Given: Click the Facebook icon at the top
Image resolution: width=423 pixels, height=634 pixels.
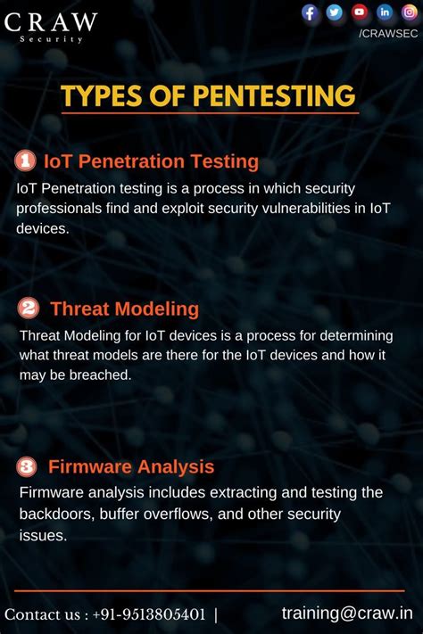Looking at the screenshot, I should [x=311, y=12].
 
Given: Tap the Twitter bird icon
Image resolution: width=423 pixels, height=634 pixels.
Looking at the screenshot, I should [x=335, y=12].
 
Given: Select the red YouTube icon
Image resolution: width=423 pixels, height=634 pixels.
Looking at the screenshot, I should [x=360, y=12].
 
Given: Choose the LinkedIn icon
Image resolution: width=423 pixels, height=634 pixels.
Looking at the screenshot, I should [x=385, y=12].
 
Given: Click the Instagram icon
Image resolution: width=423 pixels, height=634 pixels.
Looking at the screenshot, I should [x=410, y=12].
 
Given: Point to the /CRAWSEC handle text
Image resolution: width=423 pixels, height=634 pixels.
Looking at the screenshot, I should [x=387, y=33].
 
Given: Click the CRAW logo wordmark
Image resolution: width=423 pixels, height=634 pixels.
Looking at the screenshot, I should [x=51, y=21].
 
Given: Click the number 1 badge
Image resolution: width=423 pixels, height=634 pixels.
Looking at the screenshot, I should [x=26, y=161].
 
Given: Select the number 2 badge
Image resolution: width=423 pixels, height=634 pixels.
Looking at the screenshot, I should [x=28, y=309].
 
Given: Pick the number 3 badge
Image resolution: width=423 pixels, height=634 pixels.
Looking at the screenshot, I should [x=27, y=466].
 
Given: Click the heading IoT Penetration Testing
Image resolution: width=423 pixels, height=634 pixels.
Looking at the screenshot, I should [x=151, y=161].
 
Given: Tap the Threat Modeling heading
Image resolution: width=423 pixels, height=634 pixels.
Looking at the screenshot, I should [x=124, y=309].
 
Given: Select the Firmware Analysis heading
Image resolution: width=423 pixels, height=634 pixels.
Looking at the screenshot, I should [x=131, y=466].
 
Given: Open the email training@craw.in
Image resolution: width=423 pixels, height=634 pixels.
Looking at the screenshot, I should [x=347, y=613].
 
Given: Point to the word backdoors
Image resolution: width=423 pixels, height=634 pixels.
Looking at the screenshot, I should [x=56, y=514].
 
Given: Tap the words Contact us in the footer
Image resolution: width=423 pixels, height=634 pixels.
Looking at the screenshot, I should [x=42, y=613].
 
